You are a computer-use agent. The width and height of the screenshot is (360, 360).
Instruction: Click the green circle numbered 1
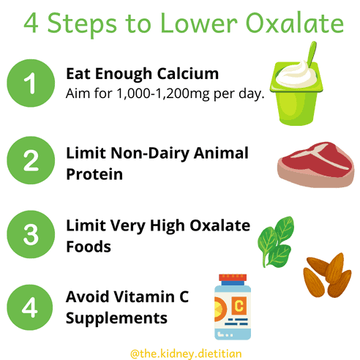pyautogui.click(x=31, y=83)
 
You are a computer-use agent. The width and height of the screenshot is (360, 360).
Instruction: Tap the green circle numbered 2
pyautogui.click(x=31, y=160)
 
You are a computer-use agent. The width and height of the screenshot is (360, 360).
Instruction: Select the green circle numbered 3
pyautogui.click(x=31, y=234)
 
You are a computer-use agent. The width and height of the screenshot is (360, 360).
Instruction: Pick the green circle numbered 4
pyautogui.click(x=30, y=307)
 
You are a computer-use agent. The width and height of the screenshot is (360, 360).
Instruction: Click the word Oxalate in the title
pyautogui.click(x=295, y=23)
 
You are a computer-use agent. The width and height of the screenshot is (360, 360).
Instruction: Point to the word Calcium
pyautogui.click(x=188, y=74)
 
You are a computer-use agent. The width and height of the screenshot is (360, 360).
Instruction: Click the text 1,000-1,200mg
pyautogui.click(x=163, y=94)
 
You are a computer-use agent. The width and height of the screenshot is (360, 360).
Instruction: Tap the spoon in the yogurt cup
pyautogui.click(x=312, y=54)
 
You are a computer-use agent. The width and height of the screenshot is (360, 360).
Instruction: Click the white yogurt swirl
pyautogui.click(x=297, y=75)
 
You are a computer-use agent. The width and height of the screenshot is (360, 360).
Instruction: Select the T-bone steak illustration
pyautogui.click(x=316, y=165)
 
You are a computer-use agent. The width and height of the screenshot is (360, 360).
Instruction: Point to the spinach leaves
pyautogui.click(x=276, y=242)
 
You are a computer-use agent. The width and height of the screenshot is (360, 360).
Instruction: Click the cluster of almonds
pyautogui.click(x=327, y=275)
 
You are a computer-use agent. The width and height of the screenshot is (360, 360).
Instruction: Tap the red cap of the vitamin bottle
pyautogui.click(x=233, y=277)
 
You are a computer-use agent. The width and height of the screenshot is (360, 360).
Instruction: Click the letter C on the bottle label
pyautogui.click(x=239, y=305)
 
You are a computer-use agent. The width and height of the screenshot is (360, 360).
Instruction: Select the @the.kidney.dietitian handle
pyautogui.click(x=186, y=353)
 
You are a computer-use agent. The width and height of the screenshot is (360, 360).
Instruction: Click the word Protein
pyautogui.click(x=94, y=174)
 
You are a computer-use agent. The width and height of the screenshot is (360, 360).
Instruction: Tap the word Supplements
pyautogui.click(x=116, y=319)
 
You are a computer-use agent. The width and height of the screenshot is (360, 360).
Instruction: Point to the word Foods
pyautogui.click(x=89, y=247)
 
